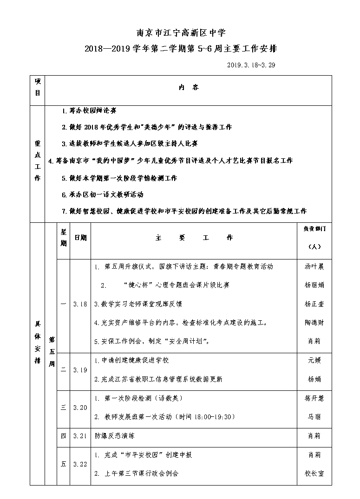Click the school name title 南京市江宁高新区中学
pyautogui.click(x=180, y=33)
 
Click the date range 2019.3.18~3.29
pyautogui.click(x=251, y=65)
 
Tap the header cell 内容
pyautogui.click(x=189, y=87)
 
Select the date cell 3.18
pyautogui.click(x=80, y=304)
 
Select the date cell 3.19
pyautogui.click(x=80, y=370)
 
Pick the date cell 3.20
pyautogui.click(x=80, y=407)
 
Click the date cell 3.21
pyautogui.click(x=80, y=436)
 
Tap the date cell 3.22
pyautogui.click(x=80, y=464)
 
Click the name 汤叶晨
pyautogui.click(x=314, y=266)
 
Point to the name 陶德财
pyautogui.click(x=314, y=322)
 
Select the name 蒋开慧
pyautogui.click(x=314, y=398)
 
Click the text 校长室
pyautogui.click(x=314, y=473)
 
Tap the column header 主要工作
pyautogui.click(x=194, y=238)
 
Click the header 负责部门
pyautogui.click(x=314, y=229)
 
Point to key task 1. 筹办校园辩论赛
pyautogui.click(x=89, y=110)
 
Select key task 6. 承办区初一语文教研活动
pyautogui.click(x=103, y=194)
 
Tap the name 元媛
pyautogui.click(x=314, y=360)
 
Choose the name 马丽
pyautogui.click(x=314, y=416)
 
